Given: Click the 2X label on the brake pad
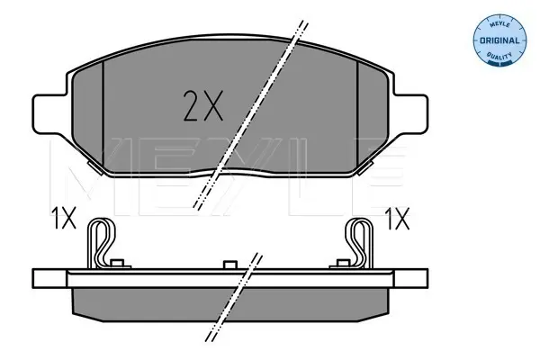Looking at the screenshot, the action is click(x=203, y=106).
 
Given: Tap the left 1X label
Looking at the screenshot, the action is click(x=64, y=218).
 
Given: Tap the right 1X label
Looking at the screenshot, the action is click(x=397, y=219).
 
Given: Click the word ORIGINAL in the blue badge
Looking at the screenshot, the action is click(x=499, y=40).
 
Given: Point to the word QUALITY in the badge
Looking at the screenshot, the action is click(x=499, y=55).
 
